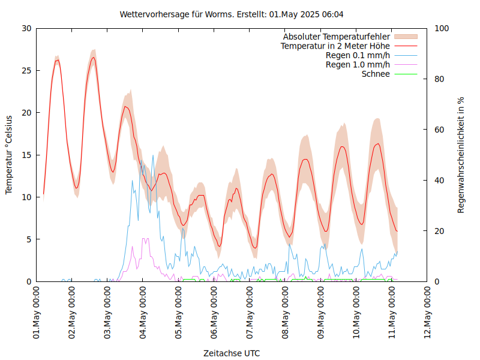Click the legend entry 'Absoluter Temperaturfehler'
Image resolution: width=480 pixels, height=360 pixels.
pyautogui.click(x=336, y=37)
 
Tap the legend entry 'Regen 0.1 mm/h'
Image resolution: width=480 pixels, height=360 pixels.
pyautogui.click(x=358, y=55)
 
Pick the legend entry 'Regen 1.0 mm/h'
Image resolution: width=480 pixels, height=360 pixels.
pyautogui.click(x=358, y=65)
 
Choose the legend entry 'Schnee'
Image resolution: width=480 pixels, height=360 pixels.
pyautogui.click(x=376, y=74)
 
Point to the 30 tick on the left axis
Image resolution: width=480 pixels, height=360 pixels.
pyautogui.click(x=25, y=28)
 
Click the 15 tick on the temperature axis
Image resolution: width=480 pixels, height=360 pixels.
pyautogui.click(x=25, y=155)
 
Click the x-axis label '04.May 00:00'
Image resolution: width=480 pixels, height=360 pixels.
pyautogui.click(x=143, y=313)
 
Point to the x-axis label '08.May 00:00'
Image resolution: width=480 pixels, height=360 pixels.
pyautogui.click(x=285, y=313)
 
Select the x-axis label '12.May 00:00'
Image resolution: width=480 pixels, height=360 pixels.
pyautogui.click(x=427, y=313)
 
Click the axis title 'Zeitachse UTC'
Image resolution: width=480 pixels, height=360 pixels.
pyautogui.click(x=232, y=353)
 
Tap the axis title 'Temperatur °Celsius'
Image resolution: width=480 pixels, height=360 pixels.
pyautogui.click(x=9, y=154)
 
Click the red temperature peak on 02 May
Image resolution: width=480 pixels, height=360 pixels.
pyautogui.click(x=93, y=58)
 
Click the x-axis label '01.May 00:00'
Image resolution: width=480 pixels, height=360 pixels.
pyautogui.click(x=37, y=313)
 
